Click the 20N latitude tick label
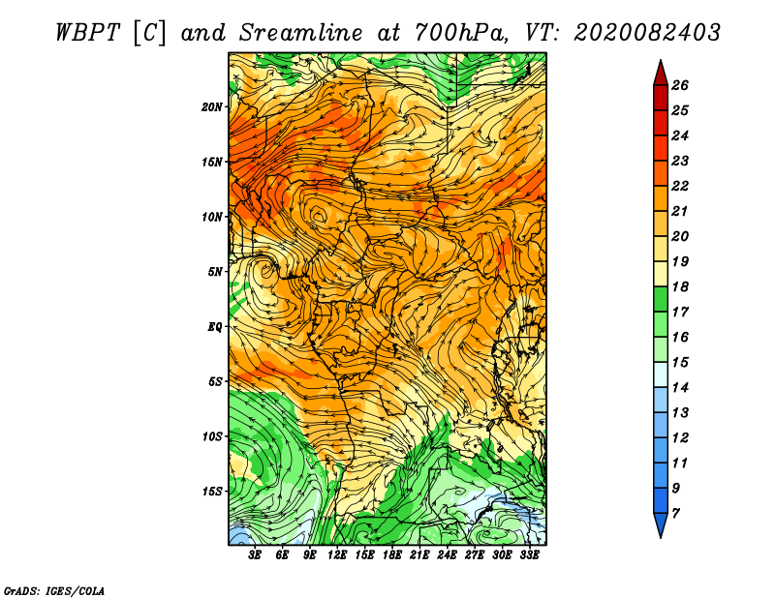(211, 107)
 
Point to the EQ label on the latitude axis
(215, 327)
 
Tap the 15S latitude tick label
(211, 492)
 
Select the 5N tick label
(215, 272)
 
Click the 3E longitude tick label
(255, 555)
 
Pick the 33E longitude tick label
(529, 555)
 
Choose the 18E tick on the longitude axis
(392, 555)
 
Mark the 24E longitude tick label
(447, 555)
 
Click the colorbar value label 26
(680, 85)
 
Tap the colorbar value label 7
(675, 514)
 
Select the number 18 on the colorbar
(680, 286)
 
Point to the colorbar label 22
(680, 186)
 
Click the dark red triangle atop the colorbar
(661, 74)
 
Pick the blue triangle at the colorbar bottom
(661, 524)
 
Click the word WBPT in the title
(87, 33)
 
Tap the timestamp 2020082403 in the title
(647, 33)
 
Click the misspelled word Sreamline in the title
(301, 33)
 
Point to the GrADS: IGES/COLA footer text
(54, 591)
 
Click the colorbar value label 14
(680, 388)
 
